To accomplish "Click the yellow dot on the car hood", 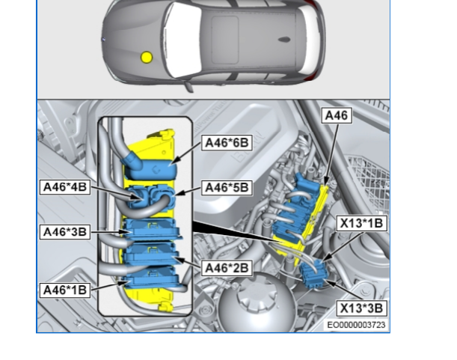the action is click(x=147, y=58).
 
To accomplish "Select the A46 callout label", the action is click(x=337, y=115).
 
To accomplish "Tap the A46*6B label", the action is click(x=227, y=143).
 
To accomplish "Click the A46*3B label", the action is click(x=65, y=232).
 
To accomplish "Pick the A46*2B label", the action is click(x=227, y=268).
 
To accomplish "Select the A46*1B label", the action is click(x=65, y=290).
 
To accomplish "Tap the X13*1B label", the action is click(x=362, y=224).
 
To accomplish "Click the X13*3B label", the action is click(x=362, y=308).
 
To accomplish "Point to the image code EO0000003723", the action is click(x=357, y=325).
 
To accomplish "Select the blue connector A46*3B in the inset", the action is click(x=152, y=229).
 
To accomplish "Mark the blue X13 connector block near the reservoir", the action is click(x=314, y=274).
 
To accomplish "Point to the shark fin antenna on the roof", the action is click(x=284, y=40).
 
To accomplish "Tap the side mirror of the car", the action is click(x=188, y=87).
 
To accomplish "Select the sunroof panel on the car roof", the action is click(x=224, y=40).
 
